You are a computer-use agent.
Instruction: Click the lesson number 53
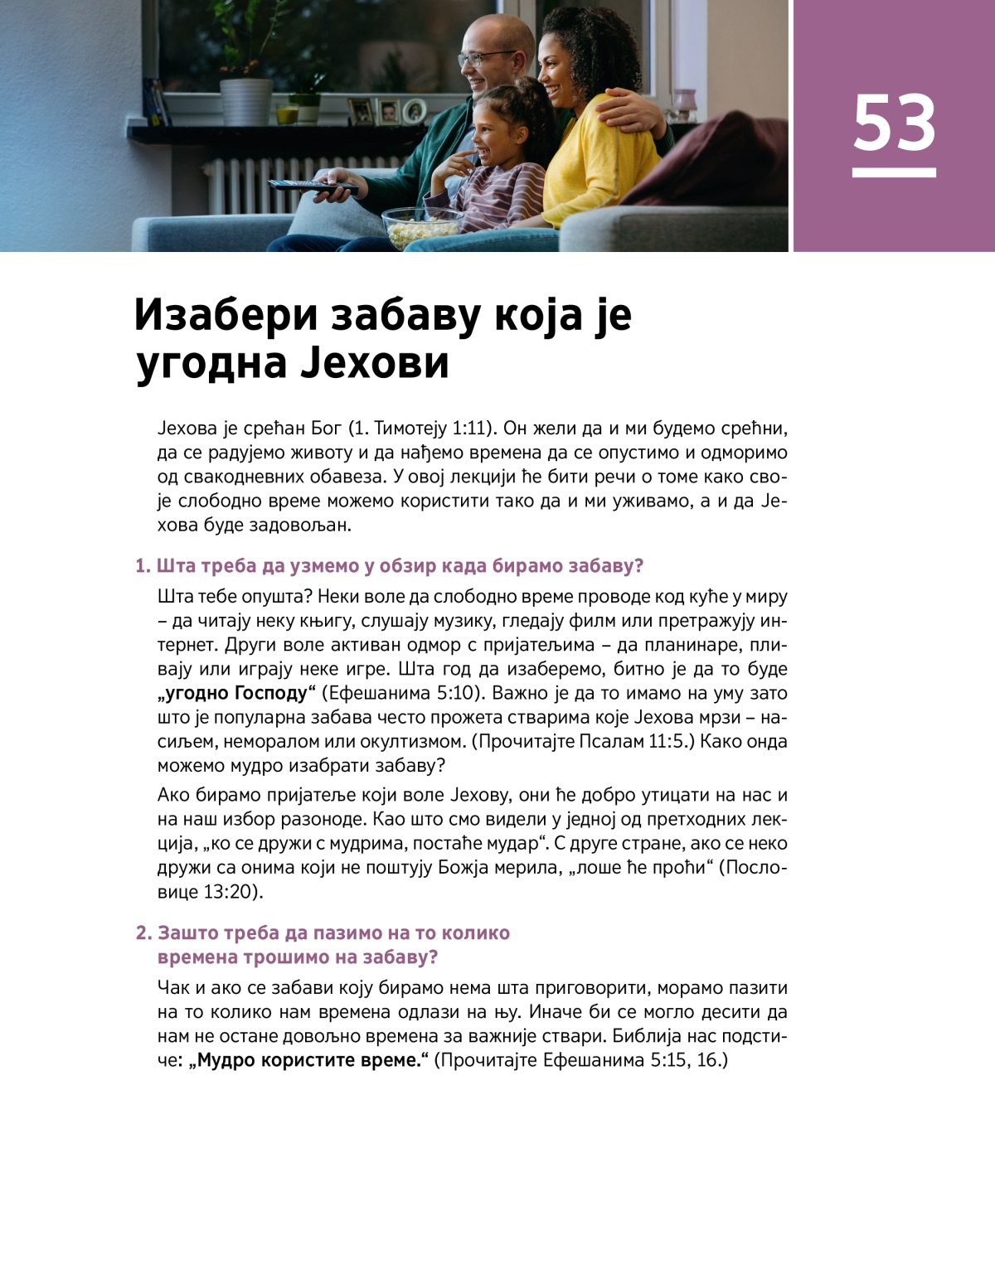coord(894,123)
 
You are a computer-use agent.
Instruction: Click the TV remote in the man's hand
coord(311,186)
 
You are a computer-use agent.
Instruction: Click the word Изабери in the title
coord(226,314)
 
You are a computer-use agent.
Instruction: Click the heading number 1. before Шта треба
coord(143,566)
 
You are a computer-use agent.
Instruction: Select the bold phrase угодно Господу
coord(236,693)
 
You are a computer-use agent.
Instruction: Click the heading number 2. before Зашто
coord(144,933)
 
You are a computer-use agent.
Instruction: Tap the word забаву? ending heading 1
coord(605,566)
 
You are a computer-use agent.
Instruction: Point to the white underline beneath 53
coord(894,172)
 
